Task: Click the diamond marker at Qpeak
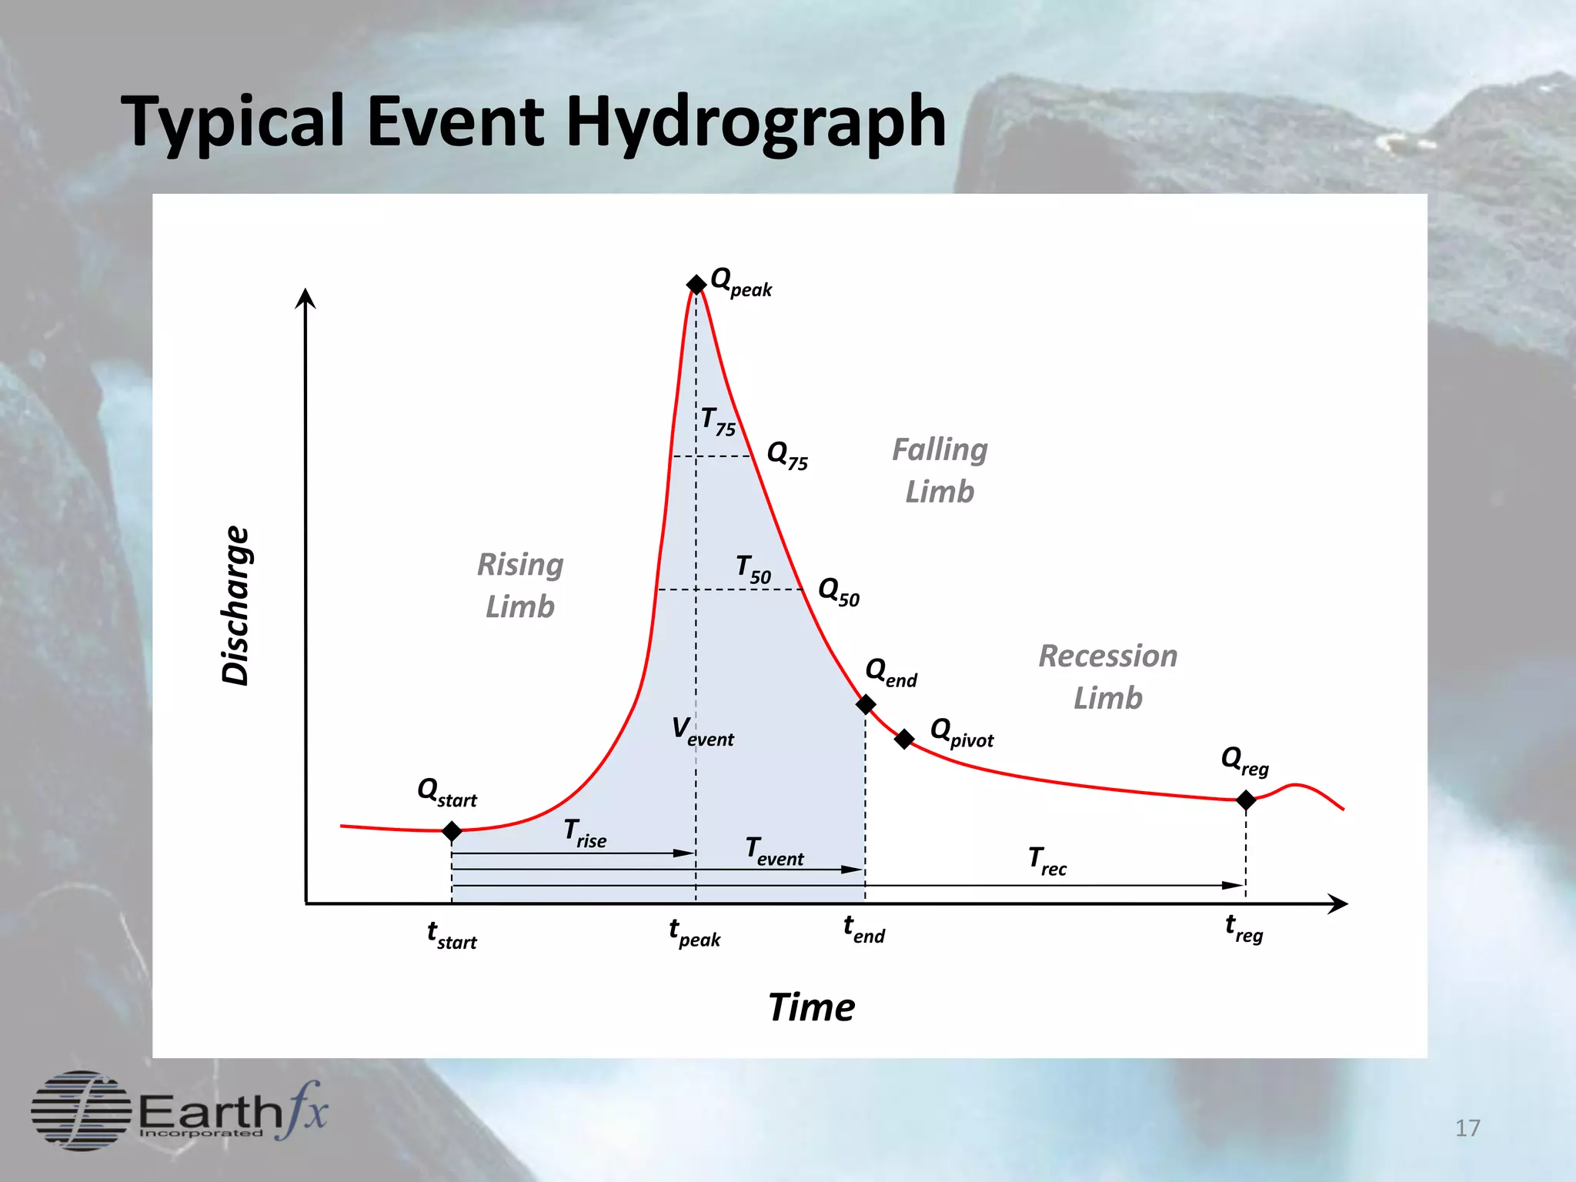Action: click(696, 285)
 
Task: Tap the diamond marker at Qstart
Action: click(452, 831)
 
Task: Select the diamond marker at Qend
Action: click(866, 704)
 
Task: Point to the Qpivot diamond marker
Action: click(904, 739)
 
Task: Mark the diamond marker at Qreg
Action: click(1246, 800)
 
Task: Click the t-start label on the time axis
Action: click(452, 935)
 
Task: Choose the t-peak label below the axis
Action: click(695, 933)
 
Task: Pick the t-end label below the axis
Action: click(864, 930)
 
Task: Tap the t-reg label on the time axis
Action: click(1244, 929)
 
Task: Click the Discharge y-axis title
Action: click(236, 606)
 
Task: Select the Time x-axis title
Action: click(811, 1007)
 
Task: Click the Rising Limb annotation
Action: click(520, 586)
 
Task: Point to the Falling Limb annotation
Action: click(940, 470)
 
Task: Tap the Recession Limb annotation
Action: click(1108, 677)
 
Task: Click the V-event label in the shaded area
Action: click(703, 730)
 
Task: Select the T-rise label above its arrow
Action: click(585, 833)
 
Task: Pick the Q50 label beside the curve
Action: click(839, 592)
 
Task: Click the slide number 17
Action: click(1467, 1128)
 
